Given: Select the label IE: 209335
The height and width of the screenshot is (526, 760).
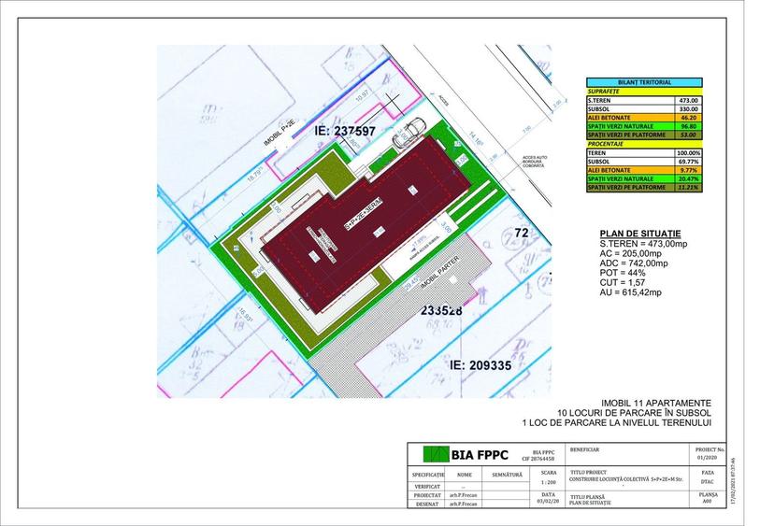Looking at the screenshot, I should click(480, 365).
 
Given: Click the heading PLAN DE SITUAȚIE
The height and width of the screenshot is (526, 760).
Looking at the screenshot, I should click(639, 234).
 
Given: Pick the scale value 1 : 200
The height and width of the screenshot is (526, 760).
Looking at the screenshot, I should click(548, 483).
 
